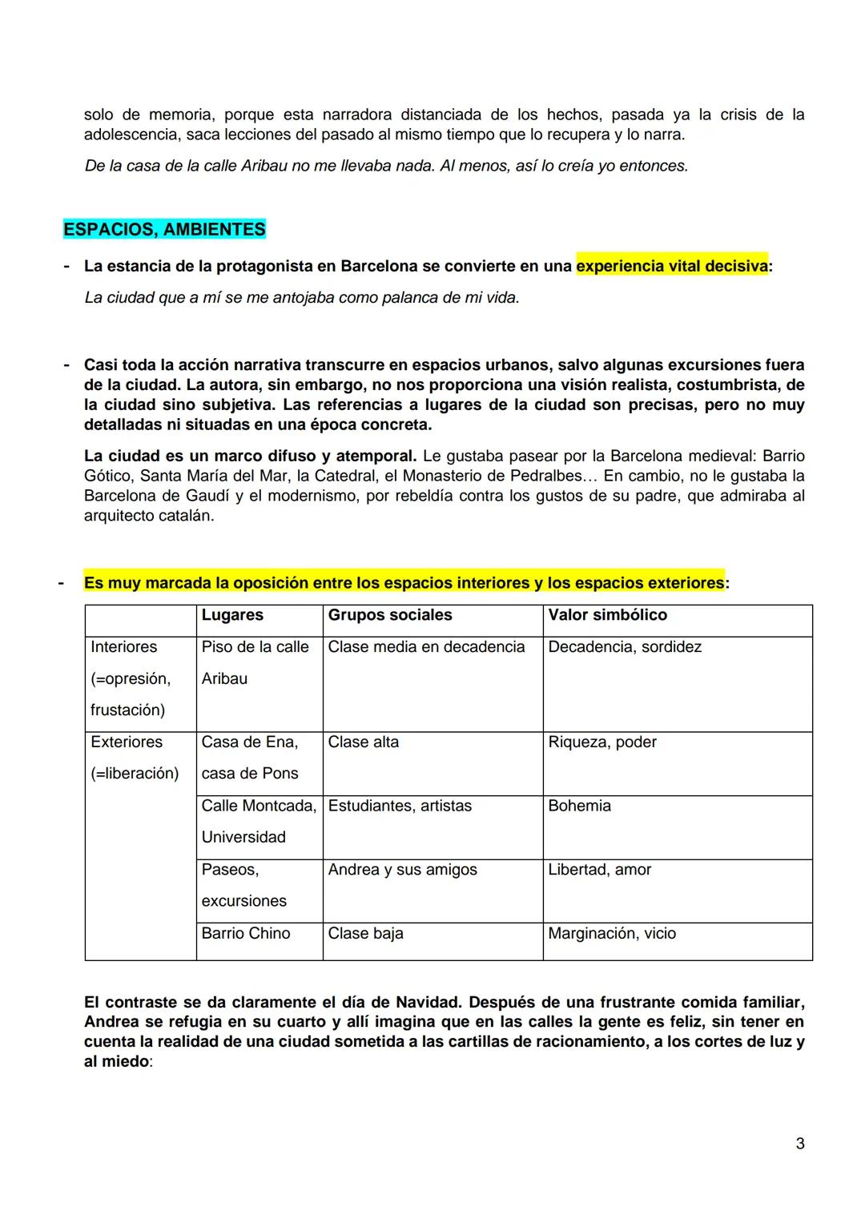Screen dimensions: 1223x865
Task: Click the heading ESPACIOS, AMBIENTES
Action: coord(164,230)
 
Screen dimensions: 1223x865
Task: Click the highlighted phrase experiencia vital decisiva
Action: coord(671,266)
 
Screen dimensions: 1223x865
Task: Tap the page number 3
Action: coord(799,1144)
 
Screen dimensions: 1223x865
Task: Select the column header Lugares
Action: coord(232,615)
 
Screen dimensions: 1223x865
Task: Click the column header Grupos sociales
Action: coord(390,615)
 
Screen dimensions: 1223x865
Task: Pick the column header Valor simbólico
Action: coord(607,615)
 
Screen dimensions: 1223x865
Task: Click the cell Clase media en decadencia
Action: coord(426,647)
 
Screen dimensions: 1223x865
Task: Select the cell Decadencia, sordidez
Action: coord(625,647)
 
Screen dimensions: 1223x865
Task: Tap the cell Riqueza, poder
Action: coord(602,742)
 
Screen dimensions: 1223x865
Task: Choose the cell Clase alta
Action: coord(363,742)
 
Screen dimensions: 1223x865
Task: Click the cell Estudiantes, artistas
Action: coord(400,806)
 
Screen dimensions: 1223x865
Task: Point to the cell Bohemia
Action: coord(579,806)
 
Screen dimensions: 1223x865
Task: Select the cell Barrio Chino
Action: coord(246,934)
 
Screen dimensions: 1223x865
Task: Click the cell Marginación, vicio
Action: coord(612,934)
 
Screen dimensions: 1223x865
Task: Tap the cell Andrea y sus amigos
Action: coord(402,870)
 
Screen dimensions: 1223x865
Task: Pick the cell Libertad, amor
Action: coord(599,870)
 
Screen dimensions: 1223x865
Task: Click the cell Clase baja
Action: coord(365,934)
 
